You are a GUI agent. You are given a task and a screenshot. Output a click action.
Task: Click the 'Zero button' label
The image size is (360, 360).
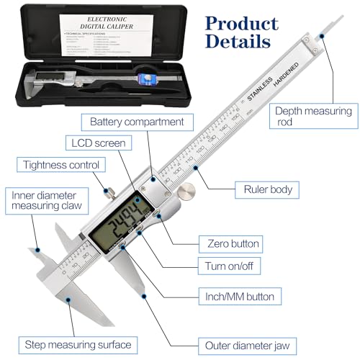tap(233, 243)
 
